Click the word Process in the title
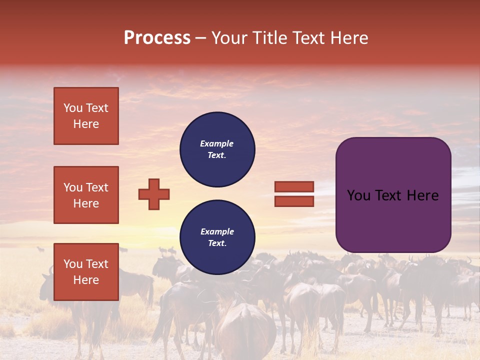click(157, 38)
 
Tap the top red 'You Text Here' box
click(86, 116)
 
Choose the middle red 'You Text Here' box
click(86, 195)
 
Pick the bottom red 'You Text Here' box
click(86, 271)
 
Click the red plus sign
click(154, 194)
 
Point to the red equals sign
click(294, 194)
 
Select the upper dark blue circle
click(217, 149)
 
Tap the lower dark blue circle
click(217, 237)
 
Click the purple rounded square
click(393, 195)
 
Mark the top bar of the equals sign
click(294, 186)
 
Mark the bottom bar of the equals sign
click(294, 201)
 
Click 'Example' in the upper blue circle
click(217, 143)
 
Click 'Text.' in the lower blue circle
click(217, 243)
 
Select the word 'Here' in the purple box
click(423, 195)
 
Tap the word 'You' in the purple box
click(358, 195)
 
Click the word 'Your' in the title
click(228, 38)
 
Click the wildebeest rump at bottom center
click(246, 330)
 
